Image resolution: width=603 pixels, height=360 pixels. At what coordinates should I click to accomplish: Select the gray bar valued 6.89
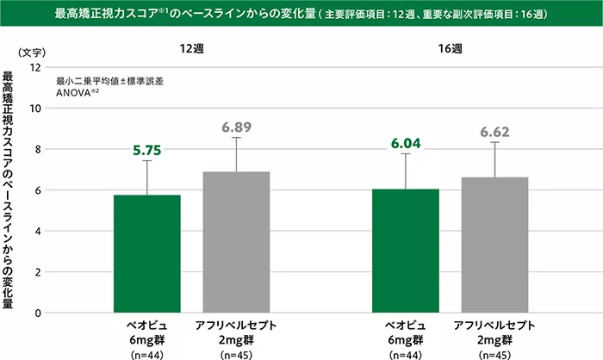click(x=237, y=242)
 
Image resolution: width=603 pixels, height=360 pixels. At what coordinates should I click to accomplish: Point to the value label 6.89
click(x=236, y=127)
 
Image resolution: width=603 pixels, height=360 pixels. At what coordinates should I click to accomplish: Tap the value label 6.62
click(x=494, y=132)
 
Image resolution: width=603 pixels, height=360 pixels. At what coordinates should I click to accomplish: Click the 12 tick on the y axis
click(x=35, y=67)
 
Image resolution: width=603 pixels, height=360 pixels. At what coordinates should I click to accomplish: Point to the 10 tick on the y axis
click(x=35, y=108)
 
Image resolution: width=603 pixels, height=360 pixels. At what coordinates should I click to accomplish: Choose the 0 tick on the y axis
click(x=38, y=313)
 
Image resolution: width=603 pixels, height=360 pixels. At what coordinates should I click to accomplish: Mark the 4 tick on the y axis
click(x=38, y=231)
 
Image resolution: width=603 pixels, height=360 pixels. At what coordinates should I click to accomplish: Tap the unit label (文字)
click(x=31, y=51)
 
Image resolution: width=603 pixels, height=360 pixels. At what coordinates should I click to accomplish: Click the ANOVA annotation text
click(x=77, y=90)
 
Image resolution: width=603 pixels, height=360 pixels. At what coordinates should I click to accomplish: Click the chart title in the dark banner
click(x=301, y=15)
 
